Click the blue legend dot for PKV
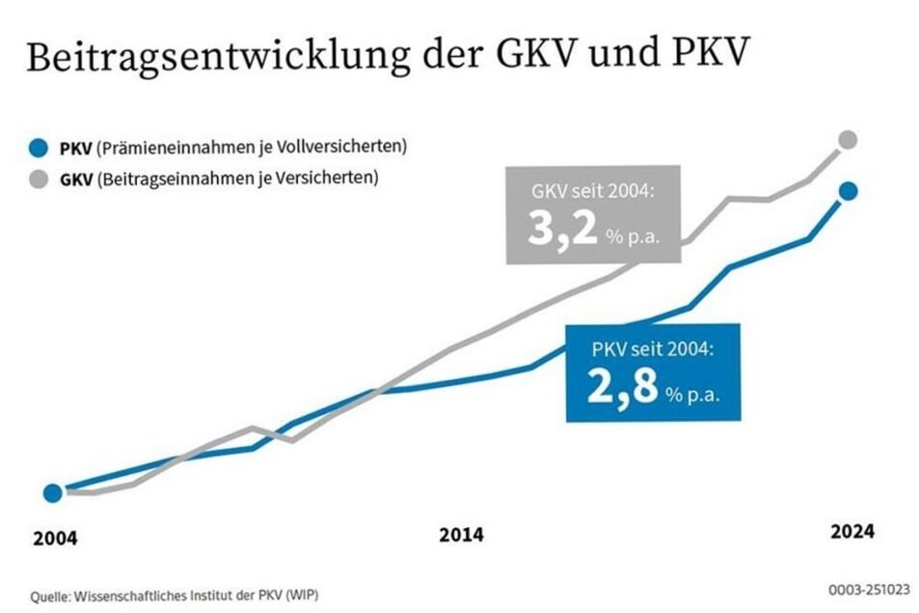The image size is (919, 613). pos(38,148)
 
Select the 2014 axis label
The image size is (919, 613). pos(461,535)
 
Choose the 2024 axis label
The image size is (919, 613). pos(852,532)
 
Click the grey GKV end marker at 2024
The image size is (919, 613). pos(848,141)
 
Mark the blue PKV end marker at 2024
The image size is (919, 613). pos(848,191)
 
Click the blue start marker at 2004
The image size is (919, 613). pos(52,493)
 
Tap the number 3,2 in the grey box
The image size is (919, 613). pos(561,233)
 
